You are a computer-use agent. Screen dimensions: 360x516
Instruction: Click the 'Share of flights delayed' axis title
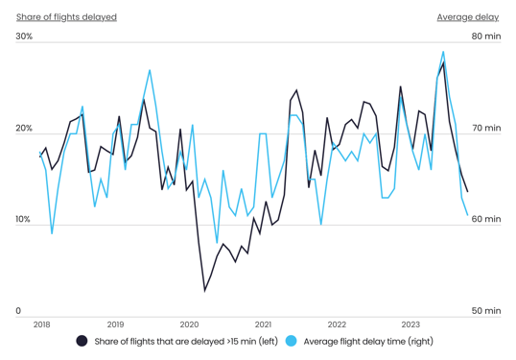[66, 17]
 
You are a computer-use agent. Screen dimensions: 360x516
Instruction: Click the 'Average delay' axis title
[468, 17]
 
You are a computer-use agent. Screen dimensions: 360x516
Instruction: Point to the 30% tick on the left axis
[24, 36]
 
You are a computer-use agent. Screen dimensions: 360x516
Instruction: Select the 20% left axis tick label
[24, 129]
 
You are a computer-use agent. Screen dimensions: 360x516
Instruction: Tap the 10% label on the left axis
[24, 220]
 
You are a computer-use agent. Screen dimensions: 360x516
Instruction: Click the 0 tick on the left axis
[18, 311]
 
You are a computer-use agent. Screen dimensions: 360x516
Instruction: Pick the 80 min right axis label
[485, 36]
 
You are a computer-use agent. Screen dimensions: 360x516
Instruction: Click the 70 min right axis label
[485, 129]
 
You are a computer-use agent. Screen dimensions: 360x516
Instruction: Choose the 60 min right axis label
[485, 220]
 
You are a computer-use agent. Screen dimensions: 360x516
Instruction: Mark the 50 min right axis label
[485, 311]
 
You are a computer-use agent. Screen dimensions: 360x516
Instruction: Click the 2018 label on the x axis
[41, 324]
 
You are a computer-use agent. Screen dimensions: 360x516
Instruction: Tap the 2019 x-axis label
[115, 324]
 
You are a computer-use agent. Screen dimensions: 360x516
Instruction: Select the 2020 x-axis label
[189, 324]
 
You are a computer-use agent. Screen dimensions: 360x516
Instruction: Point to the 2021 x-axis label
[263, 324]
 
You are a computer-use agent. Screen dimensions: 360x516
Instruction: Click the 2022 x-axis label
[337, 324]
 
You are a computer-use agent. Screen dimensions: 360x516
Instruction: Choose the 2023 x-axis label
[410, 324]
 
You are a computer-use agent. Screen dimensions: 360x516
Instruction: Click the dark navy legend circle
[82, 341]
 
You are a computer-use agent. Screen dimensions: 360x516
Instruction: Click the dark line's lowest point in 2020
[204, 290]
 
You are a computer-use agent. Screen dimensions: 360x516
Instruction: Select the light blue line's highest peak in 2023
[443, 52]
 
